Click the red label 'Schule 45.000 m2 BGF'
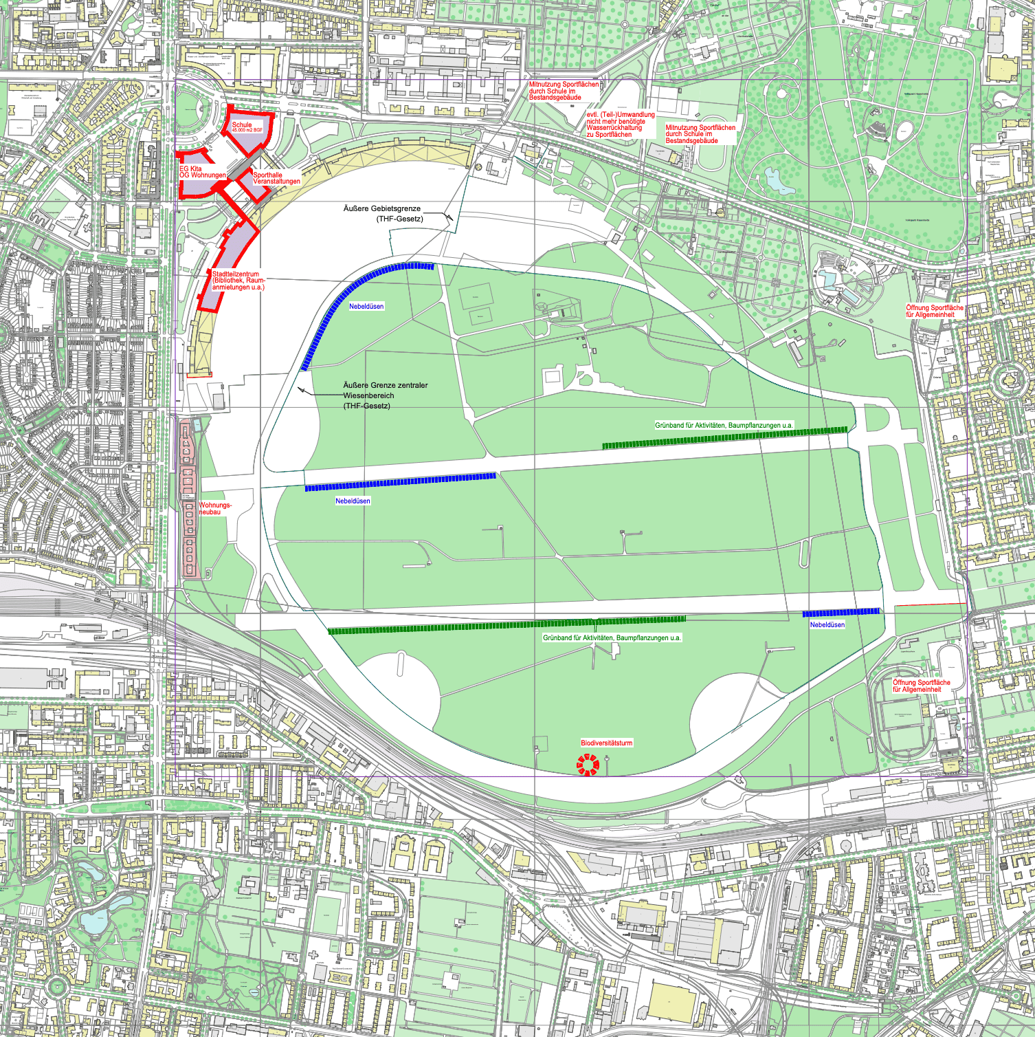[x=247, y=127]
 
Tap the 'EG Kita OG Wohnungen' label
[x=202, y=172]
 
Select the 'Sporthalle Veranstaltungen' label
[x=276, y=178]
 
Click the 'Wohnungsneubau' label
[x=215, y=508]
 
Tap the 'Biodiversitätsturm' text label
[x=606, y=743]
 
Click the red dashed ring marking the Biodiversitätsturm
[x=588, y=764]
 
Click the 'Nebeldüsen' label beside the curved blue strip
[x=366, y=306]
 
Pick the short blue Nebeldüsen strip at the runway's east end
[x=841, y=612]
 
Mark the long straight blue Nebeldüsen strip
[x=400, y=481]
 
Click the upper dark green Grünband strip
[x=724, y=437]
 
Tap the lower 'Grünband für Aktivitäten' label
[x=612, y=637]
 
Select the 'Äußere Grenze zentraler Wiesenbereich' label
[x=385, y=395]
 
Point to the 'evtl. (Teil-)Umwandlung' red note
[x=620, y=124]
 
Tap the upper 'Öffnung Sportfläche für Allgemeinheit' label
[x=934, y=311]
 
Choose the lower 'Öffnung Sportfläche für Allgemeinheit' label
[x=921, y=686]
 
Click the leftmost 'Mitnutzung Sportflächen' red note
[x=564, y=91]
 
